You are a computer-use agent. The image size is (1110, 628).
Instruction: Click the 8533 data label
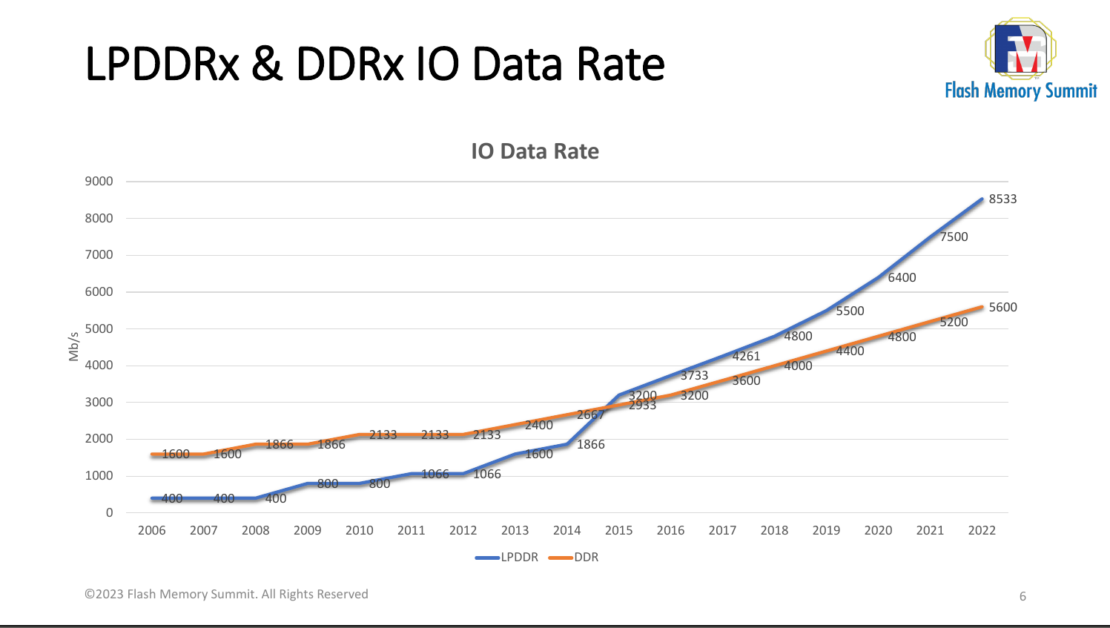[1002, 199]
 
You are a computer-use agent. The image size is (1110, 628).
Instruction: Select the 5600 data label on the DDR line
[1002, 307]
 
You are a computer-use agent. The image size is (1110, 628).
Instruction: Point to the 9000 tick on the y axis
[99, 181]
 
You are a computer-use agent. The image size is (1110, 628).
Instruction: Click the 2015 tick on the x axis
[618, 530]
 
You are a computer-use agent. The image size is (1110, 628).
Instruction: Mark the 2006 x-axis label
[151, 530]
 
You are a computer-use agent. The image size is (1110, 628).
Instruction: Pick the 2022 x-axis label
[982, 530]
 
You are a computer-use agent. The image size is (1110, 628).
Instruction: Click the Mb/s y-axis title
[73, 346]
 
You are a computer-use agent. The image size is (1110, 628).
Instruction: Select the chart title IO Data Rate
[535, 151]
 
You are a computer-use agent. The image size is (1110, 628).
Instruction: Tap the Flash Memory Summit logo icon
[1020, 49]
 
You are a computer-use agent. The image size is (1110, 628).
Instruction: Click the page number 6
[1023, 596]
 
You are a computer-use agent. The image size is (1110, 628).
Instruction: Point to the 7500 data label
[954, 237]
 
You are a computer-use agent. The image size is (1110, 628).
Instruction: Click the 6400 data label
[902, 277]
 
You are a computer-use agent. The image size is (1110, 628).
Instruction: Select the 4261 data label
[746, 356]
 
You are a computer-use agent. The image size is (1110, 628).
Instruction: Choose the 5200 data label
[954, 322]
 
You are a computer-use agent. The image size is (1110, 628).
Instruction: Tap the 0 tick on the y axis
[110, 512]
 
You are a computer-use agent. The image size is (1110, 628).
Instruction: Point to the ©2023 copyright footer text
[226, 594]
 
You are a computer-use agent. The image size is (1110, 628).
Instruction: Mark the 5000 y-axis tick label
[99, 328]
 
